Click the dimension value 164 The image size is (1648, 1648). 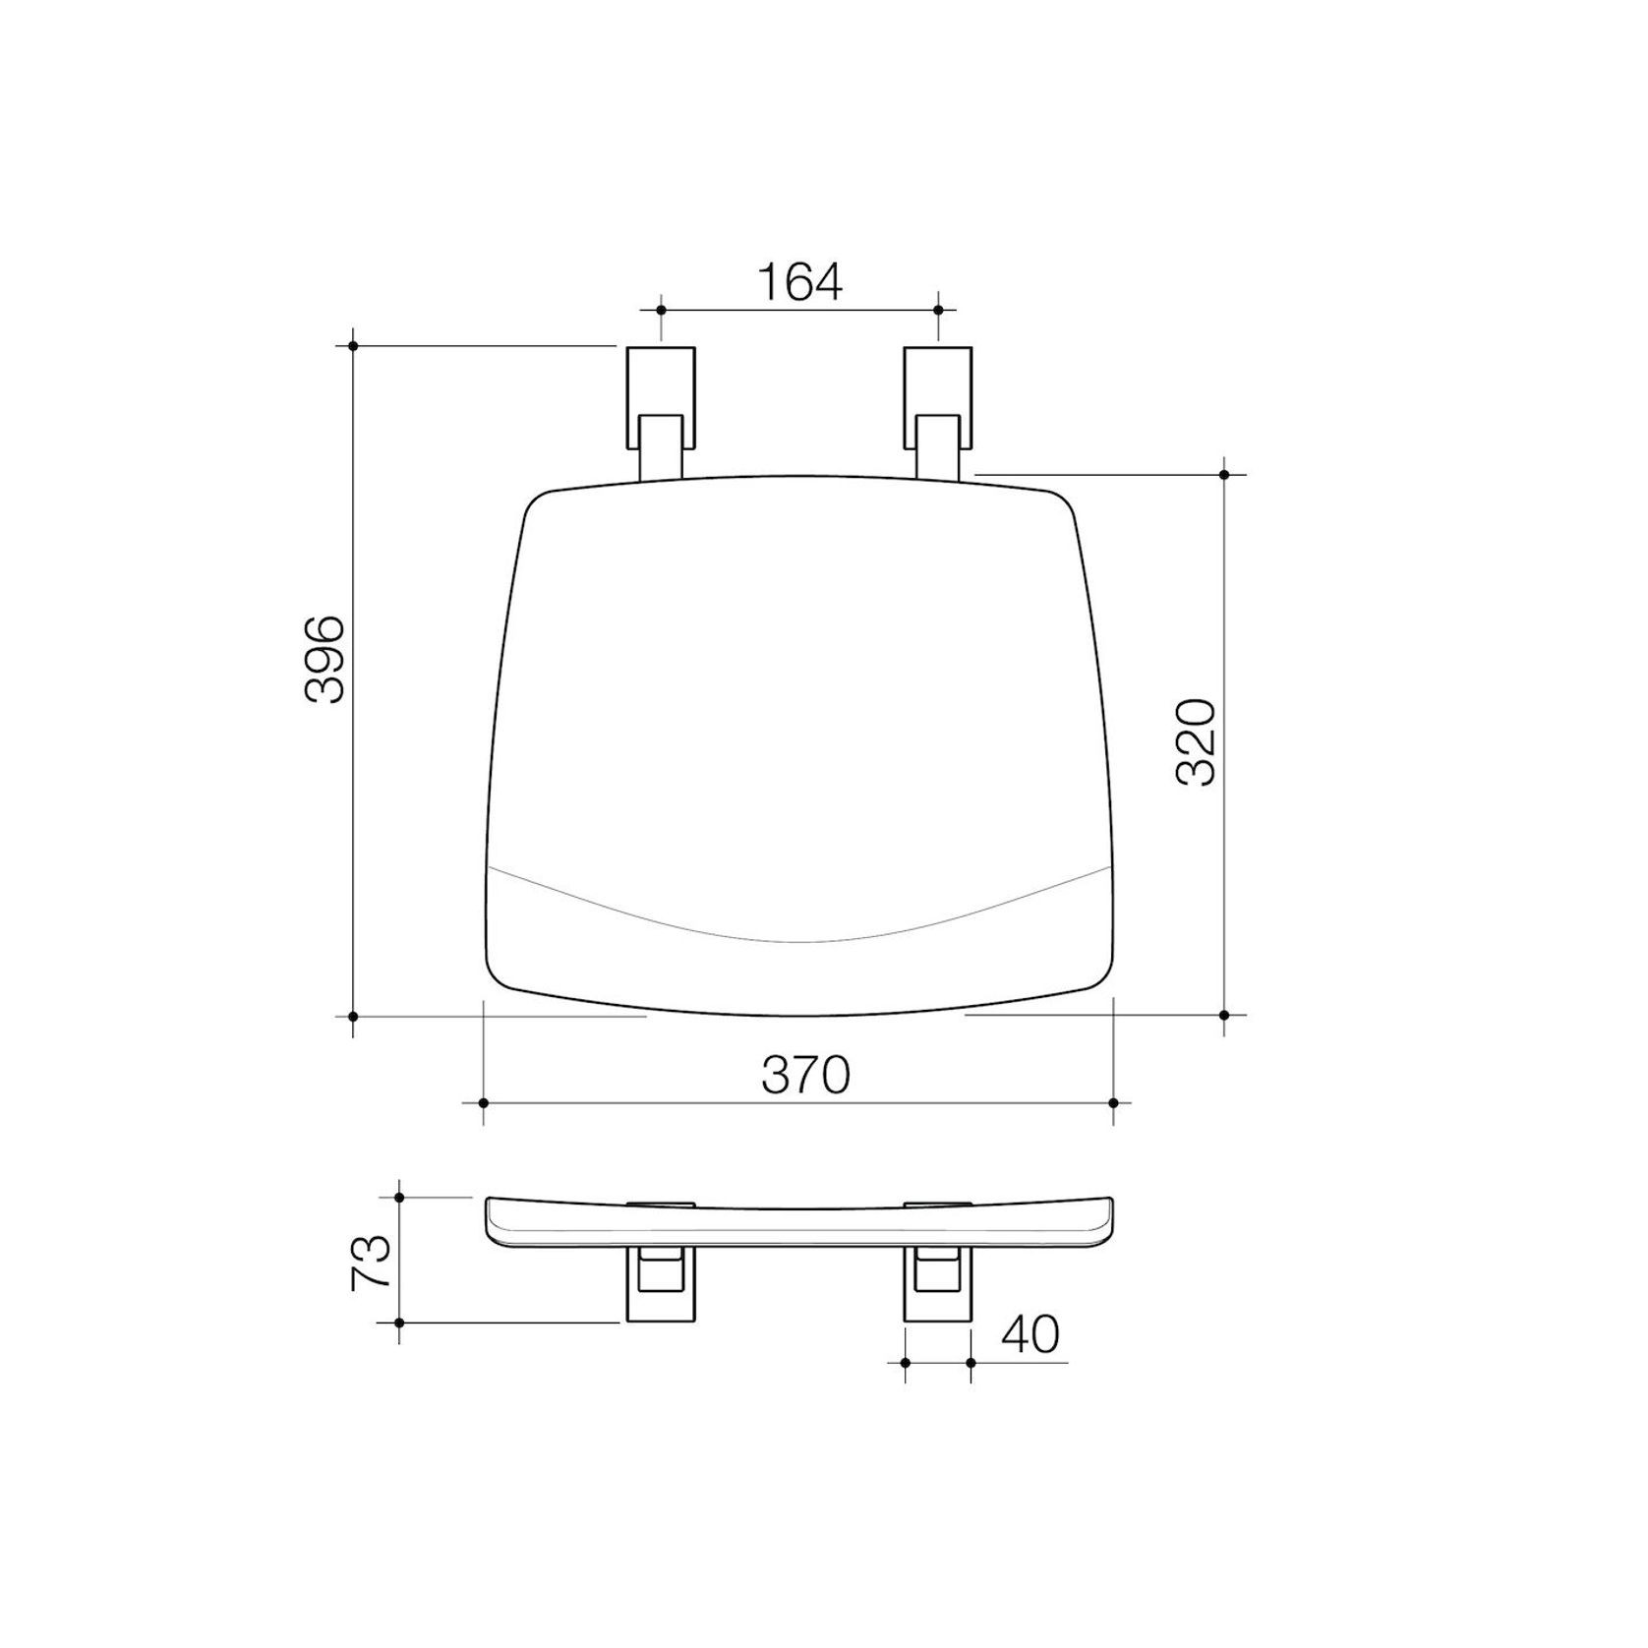pyautogui.click(x=799, y=283)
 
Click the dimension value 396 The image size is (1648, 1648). pyautogui.click(x=324, y=659)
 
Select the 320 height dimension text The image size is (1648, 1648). pyautogui.click(x=1197, y=741)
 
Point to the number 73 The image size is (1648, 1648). pyautogui.click(x=373, y=1263)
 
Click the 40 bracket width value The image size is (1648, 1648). pyautogui.click(x=1031, y=1334)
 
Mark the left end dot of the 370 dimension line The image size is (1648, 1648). pyautogui.click(x=484, y=1103)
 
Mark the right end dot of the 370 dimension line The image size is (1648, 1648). pyautogui.click(x=1113, y=1103)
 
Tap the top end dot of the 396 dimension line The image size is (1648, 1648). pyautogui.click(x=353, y=345)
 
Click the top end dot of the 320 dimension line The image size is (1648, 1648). pyautogui.click(x=1224, y=475)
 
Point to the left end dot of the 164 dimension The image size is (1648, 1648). pyautogui.click(x=661, y=310)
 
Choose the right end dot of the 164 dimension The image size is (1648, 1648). pyautogui.click(x=937, y=310)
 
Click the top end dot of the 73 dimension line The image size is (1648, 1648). pyautogui.click(x=399, y=1197)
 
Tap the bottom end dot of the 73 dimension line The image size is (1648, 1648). pyautogui.click(x=399, y=1323)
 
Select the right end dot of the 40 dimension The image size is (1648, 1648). pyautogui.click(x=971, y=1362)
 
